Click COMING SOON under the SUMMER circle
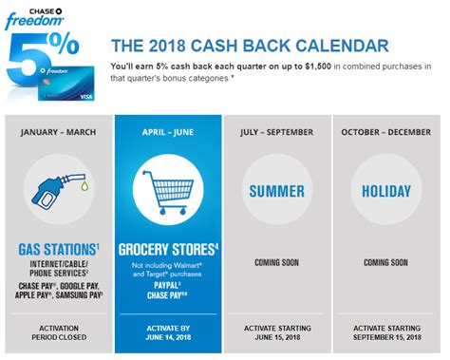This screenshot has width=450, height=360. click(x=276, y=261)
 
